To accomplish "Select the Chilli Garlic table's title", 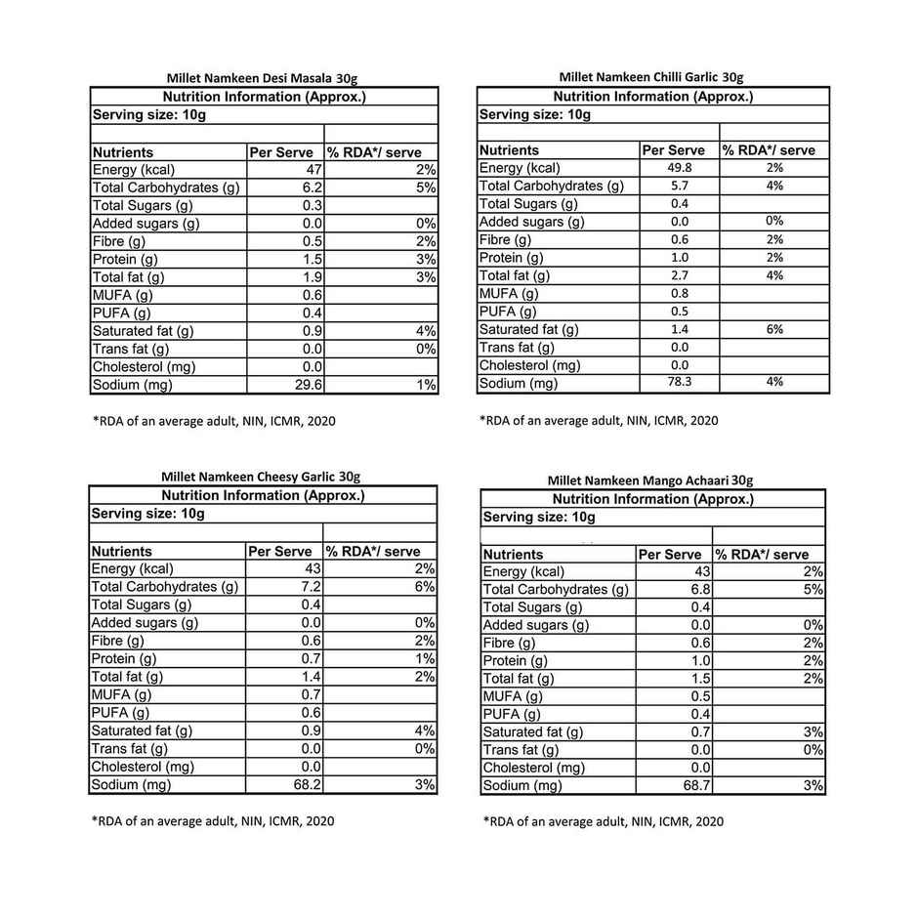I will click(650, 76).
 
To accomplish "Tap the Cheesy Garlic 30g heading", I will click(261, 477).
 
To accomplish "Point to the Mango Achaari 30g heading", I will click(649, 480).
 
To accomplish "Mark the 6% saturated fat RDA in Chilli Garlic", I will click(774, 329).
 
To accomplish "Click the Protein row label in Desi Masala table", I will click(125, 259).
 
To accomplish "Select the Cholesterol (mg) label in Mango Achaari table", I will click(534, 768).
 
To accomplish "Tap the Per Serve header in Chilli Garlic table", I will click(673, 150).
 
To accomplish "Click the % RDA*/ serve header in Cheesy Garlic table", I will click(373, 552).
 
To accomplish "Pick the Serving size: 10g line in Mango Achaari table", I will click(539, 518).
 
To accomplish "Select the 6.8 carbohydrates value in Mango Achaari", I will click(700, 590).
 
